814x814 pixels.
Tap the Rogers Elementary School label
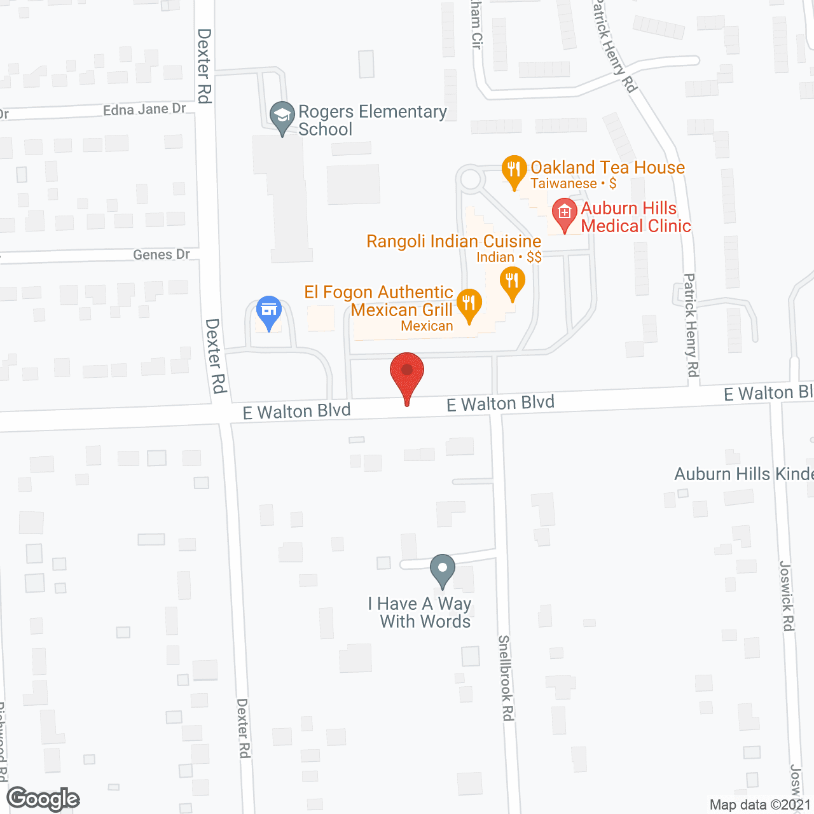click(372, 120)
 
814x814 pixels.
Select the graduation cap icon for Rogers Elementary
click(282, 118)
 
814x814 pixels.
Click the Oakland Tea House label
click(607, 168)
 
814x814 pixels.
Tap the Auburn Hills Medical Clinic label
click(635, 217)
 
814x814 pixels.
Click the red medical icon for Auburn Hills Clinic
click(564, 214)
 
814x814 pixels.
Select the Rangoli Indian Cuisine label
click(454, 242)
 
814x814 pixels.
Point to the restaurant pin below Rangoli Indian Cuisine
click(512, 282)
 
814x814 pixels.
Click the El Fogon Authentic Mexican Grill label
click(379, 301)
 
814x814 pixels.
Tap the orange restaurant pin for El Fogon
click(469, 305)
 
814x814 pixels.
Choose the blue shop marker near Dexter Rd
click(269, 312)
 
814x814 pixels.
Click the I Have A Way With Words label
click(420, 612)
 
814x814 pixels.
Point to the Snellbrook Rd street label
click(506, 678)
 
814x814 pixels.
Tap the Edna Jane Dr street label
click(144, 109)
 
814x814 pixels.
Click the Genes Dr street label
click(162, 254)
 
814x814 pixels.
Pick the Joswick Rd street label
click(787, 596)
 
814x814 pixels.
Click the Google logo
click(43, 799)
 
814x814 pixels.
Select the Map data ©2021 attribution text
click(761, 805)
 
